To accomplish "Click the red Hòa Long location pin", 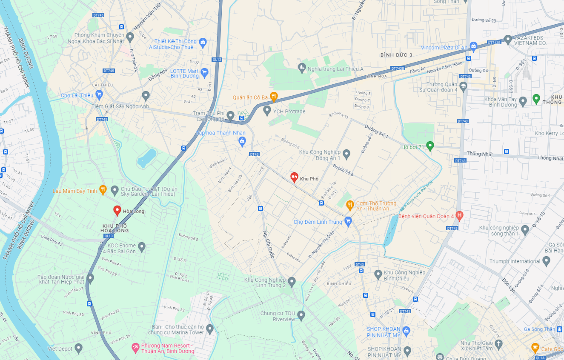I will click(117, 210).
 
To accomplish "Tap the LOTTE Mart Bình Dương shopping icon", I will click(204, 72).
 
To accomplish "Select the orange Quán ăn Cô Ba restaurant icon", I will click(274, 97).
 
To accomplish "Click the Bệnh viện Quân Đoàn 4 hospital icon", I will click(459, 216).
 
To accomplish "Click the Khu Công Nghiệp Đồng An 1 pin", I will click(346, 154).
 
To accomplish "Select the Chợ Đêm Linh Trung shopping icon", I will click(348, 221).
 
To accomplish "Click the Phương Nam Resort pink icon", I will click(135, 348).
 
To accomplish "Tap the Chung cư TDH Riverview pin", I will click(301, 315).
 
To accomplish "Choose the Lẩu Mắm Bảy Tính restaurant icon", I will click(103, 190).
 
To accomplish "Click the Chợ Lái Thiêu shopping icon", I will click(99, 94).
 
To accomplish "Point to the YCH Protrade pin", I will click(267, 111).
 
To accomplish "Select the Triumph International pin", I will click(547, 261).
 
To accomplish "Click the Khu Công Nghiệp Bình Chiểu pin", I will click(378, 274).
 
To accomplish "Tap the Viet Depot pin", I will click(78, 349).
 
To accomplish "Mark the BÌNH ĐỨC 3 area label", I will click(396, 55).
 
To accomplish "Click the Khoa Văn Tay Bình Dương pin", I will click(523, 101).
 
